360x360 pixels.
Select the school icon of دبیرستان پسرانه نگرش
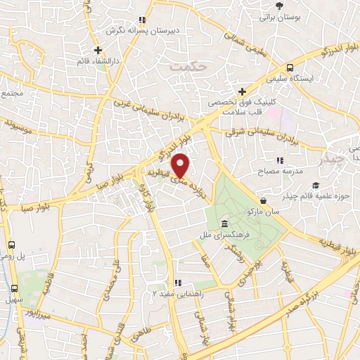click(x=142, y=20)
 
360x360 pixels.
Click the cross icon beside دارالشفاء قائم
click(x=98, y=50)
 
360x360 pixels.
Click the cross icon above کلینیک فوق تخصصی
click(x=242, y=91)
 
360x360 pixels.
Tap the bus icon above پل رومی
click(x=11, y=246)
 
